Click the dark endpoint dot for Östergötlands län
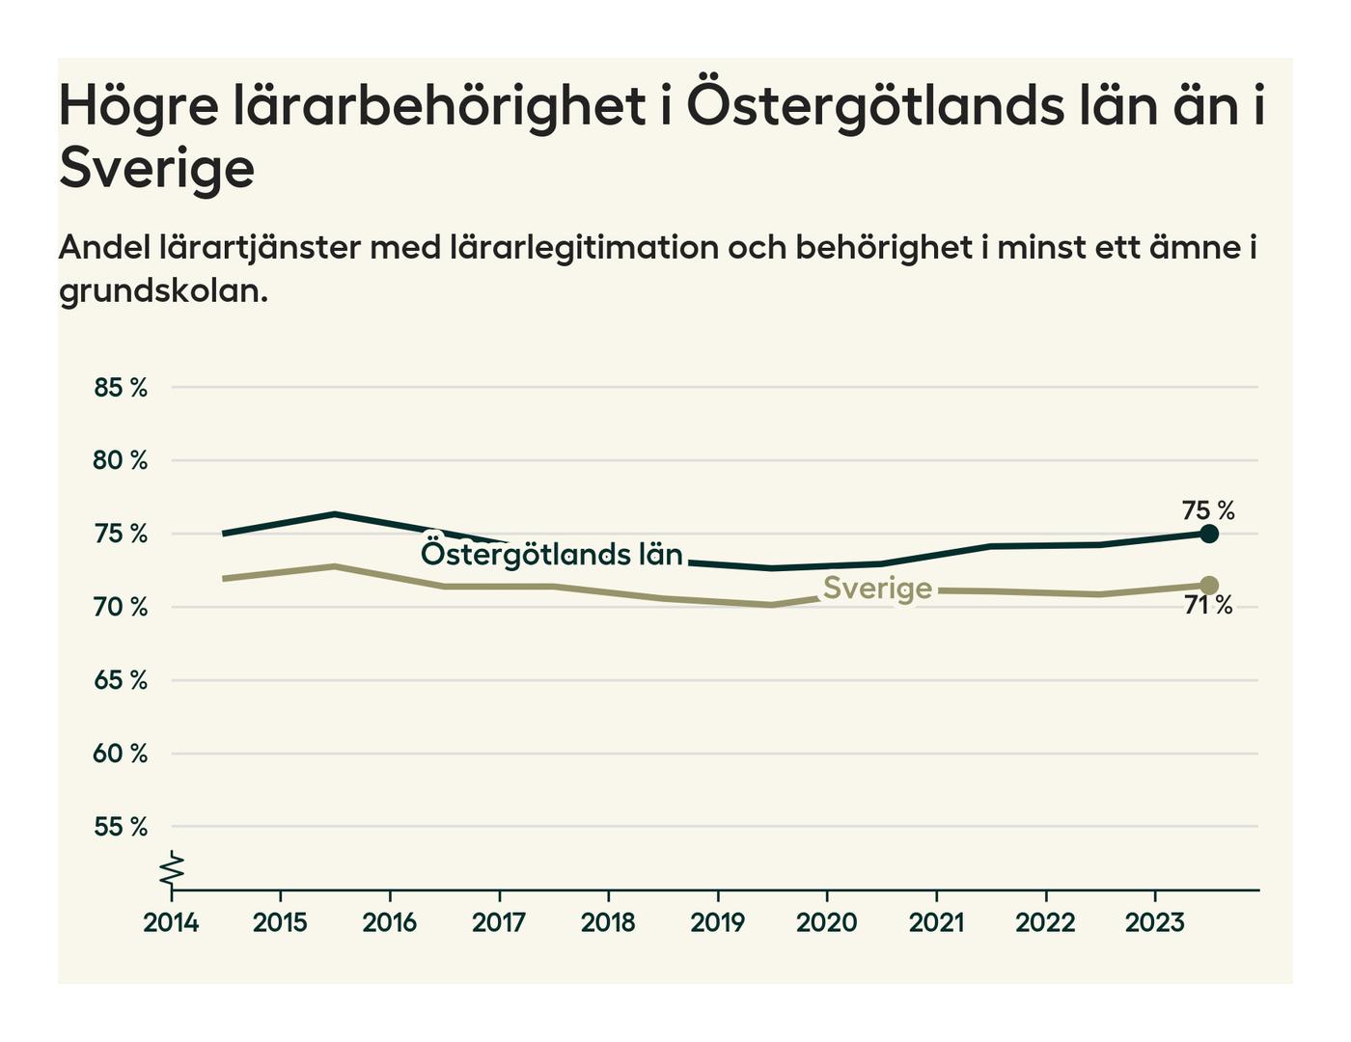pos(1209,534)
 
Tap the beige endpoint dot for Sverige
pos(1209,586)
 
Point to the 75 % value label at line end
pos(1208,510)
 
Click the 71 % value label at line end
pos(1208,606)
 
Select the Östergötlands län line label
pos(552,555)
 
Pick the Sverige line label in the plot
pos(877,589)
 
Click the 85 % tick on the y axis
pos(121,388)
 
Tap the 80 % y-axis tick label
pos(121,461)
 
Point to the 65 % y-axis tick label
pos(121,680)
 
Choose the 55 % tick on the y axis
pos(121,827)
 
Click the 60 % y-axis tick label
pos(121,754)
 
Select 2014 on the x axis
pos(171,923)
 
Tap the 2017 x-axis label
pos(499,923)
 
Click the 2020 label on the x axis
pos(826,923)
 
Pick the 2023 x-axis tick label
pos(1154,923)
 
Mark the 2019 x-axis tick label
pos(717,923)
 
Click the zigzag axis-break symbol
pos(172,869)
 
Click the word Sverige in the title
pos(156,169)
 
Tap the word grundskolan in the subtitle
pos(163,290)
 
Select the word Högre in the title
pos(138,106)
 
